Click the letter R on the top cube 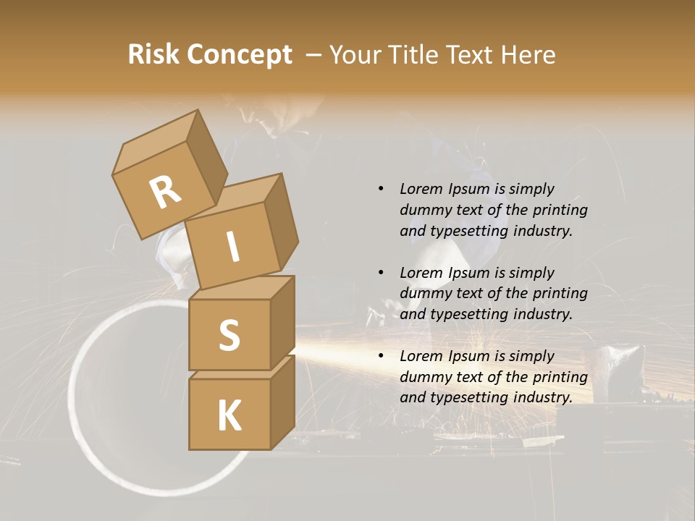pos(165,192)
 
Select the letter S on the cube pos(229,335)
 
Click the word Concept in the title pos(239,54)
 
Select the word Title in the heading pos(418,54)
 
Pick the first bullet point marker pos(381,190)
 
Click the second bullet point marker pos(381,273)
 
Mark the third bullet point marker pos(381,356)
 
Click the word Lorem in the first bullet pos(420,189)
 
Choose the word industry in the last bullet pos(542,397)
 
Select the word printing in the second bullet pos(560,293)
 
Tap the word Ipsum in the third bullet pos(468,356)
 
